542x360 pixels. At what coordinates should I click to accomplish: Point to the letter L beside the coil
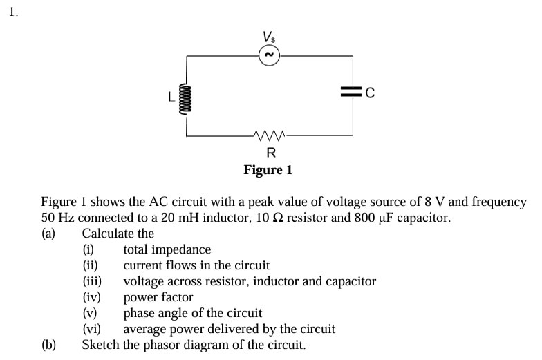click(x=172, y=97)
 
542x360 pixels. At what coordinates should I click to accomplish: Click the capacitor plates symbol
click(x=353, y=93)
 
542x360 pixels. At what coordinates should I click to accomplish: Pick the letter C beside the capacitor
click(x=370, y=94)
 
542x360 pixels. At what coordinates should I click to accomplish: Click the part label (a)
click(x=48, y=234)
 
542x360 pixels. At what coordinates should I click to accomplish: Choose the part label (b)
click(x=48, y=344)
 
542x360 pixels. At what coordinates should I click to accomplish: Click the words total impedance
click(x=167, y=249)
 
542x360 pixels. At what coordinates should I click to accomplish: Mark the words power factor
click(x=158, y=297)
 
